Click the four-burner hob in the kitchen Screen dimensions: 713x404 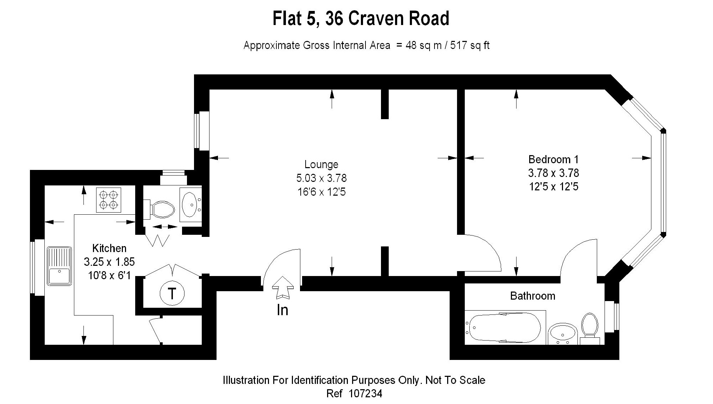click(108, 200)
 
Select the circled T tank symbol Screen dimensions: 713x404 click(172, 293)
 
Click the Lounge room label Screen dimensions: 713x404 click(321, 165)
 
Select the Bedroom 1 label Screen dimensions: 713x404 click(553, 159)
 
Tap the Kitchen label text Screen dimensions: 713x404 click(109, 248)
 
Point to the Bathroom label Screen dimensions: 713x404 click(533, 296)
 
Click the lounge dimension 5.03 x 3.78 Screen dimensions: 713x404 click(321, 178)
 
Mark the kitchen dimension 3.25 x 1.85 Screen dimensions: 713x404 click(109, 262)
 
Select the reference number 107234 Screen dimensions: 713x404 click(365, 393)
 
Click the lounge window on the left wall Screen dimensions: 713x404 click(202, 130)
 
